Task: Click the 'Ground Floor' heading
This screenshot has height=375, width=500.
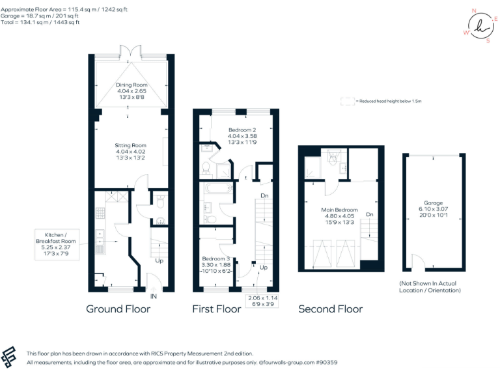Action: tap(118, 309)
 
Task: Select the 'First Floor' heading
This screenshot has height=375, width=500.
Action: tap(216, 309)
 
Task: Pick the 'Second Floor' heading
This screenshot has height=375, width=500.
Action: tap(330, 309)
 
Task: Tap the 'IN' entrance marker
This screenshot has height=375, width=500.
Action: tap(154, 296)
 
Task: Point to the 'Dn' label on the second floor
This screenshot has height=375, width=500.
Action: tap(370, 214)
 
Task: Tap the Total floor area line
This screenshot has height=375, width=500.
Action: tap(40, 22)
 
